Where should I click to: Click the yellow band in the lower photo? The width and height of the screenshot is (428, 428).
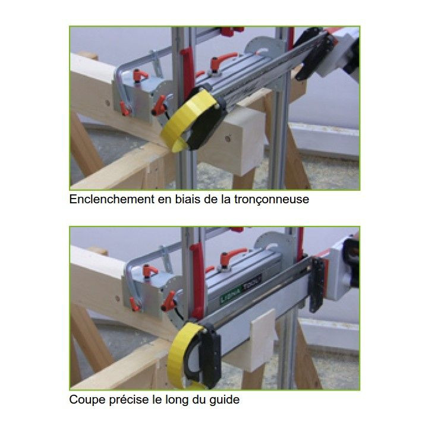184,351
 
